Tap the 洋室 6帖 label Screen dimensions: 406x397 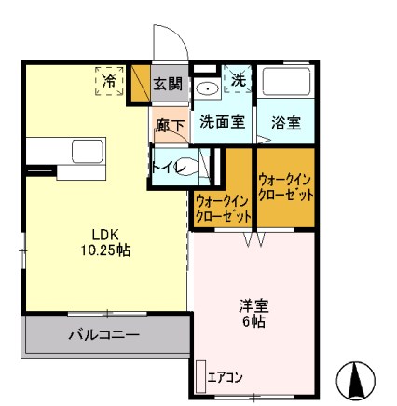coord(252,313)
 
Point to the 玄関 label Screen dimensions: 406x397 coord(168,85)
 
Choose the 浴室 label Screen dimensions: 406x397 coord(284,122)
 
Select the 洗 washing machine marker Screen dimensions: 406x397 coord(239,80)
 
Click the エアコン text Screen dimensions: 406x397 coord(225,377)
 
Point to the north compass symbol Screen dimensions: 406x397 coord(355,379)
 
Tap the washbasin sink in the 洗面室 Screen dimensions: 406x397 coord(206,88)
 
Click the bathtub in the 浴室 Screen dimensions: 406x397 coord(285,83)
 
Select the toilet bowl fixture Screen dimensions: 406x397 coord(194,168)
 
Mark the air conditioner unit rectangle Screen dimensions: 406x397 coord(199,375)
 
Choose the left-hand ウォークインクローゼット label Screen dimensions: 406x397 coord(223,208)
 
